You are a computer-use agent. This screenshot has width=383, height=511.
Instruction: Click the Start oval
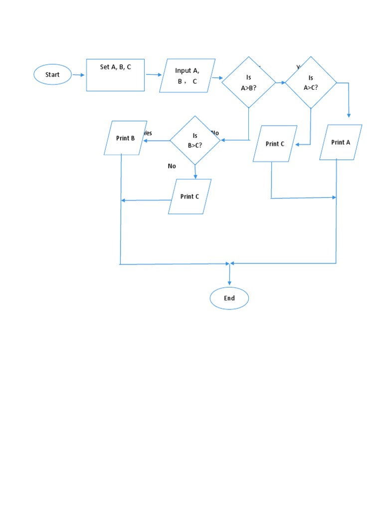(52, 75)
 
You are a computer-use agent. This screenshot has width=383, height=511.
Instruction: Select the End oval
(229, 298)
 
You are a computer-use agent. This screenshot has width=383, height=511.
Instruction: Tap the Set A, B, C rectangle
(115, 75)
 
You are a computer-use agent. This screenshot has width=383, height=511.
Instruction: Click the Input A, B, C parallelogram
(187, 76)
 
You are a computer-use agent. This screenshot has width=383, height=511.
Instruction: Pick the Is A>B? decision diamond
(248, 82)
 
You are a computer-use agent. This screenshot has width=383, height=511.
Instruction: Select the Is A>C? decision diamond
(311, 82)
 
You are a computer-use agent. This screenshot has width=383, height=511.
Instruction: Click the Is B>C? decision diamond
(195, 140)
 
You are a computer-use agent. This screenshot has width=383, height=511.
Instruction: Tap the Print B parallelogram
(125, 138)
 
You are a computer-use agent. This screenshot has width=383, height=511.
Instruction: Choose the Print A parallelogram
(341, 142)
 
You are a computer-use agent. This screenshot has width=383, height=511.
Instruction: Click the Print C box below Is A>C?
(275, 144)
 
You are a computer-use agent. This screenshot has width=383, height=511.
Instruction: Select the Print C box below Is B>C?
(190, 197)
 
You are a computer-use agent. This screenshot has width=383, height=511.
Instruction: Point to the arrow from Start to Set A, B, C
(78, 75)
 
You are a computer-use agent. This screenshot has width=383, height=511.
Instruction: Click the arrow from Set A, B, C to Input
(154, 75)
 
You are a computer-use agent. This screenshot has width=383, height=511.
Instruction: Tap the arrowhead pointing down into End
(229, 282)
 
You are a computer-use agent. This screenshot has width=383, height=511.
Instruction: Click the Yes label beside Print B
(148, 133)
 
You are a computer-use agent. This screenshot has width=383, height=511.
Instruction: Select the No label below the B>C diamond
(172, 166)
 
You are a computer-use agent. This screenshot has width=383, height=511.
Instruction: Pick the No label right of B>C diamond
(215, 133)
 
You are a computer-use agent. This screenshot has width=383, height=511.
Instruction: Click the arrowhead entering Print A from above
(349, 115)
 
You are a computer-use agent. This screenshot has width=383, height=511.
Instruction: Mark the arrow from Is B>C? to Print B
(156, 140)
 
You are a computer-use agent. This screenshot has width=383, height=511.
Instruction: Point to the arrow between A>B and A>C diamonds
(280, 82)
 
